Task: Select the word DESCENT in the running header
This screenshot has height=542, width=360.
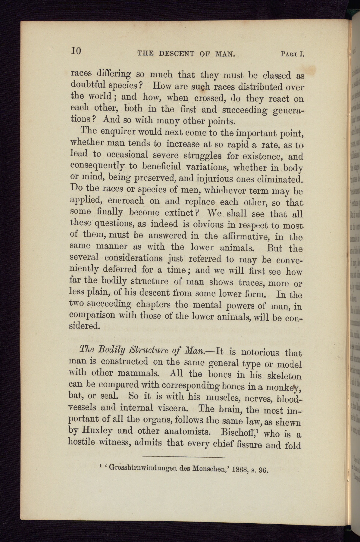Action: pos(176,54)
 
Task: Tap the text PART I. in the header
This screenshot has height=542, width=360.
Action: pos(293,54)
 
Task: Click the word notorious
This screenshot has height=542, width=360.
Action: pos(261,352)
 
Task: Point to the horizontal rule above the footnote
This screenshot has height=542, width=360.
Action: pos(184,458)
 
